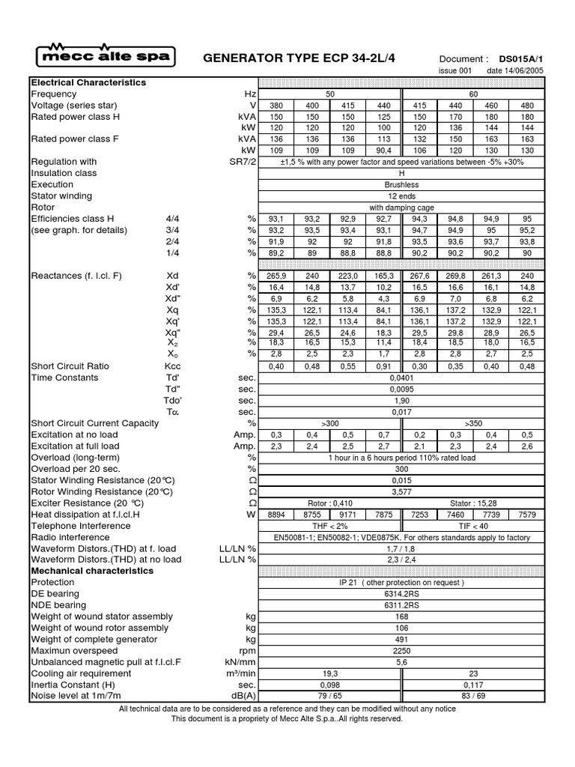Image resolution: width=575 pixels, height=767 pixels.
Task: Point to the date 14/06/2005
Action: coord(515,71)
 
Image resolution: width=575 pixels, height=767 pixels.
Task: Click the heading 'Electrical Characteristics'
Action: coord(88,82)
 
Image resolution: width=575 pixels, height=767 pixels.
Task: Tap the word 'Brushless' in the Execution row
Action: coord(402,184)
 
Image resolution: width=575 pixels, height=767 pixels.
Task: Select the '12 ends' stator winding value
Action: coord(402,195)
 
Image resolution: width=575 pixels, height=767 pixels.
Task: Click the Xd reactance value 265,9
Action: coord(276,276)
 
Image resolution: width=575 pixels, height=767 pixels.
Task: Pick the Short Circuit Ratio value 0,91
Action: coord(384,366)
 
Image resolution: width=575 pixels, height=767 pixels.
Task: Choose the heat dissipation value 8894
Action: coord(276,515)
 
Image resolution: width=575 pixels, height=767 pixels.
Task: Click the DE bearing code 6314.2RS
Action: coord(402,594)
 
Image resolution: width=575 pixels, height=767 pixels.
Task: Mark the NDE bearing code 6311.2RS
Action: coord(402,605)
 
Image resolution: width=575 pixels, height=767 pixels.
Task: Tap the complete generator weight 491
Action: coord(402,640)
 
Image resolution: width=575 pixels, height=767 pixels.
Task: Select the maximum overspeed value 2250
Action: coord(402,651)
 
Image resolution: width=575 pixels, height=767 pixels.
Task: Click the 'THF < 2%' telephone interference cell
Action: coord(330,526)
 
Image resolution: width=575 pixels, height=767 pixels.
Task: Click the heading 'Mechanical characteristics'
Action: coord(92,571)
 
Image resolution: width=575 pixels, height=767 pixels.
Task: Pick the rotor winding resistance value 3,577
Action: coord(402,492)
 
